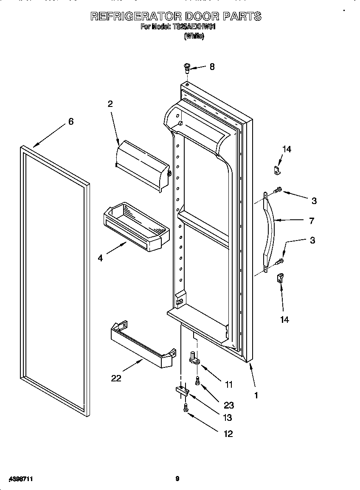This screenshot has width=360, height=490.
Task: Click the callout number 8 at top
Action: tap(212, 67)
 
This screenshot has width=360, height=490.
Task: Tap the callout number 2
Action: tap(110, 104)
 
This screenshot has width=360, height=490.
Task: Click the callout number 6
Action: tap(71, 121)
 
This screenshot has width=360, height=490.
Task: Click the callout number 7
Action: tap(311, 221)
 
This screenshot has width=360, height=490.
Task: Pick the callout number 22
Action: tap(116, 378)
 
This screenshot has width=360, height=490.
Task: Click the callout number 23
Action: tap(229, 405)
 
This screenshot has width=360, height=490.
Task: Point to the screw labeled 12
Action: tap(186, 408)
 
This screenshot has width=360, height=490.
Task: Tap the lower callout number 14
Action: tap(284, 319)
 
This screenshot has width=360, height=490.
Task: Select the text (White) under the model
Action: tap(194, 36)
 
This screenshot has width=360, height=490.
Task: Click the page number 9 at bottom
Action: tap(177, 479)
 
